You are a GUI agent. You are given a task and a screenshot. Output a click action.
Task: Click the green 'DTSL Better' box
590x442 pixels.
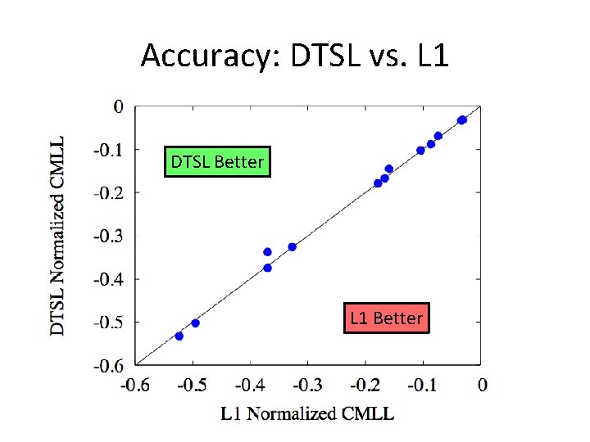point(217,162)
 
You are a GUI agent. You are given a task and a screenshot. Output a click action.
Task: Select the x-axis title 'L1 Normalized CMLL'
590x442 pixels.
point(307,413)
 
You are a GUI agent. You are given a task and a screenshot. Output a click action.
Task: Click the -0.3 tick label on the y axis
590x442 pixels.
point(107,236)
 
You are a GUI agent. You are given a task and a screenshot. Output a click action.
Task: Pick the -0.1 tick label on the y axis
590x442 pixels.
point(107,150)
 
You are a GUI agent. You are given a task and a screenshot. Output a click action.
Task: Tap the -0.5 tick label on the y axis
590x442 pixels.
point(107,322)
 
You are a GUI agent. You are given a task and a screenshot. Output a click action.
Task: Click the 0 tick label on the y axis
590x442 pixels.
point(119,106)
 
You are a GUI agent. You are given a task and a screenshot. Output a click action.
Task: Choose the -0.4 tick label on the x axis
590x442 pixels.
point(250,385)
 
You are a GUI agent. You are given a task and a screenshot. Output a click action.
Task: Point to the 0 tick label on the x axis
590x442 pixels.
point(482,385)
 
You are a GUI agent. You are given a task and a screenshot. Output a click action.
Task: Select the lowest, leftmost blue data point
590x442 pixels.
point(179,336)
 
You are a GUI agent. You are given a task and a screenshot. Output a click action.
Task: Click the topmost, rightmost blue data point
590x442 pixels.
point(462,120)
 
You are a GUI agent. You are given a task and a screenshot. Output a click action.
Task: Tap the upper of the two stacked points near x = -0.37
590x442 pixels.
point(267,252)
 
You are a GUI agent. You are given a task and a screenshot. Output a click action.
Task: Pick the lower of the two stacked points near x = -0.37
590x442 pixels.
point(267,268)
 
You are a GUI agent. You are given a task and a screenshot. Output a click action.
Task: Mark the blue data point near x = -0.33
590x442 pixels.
point(292,247)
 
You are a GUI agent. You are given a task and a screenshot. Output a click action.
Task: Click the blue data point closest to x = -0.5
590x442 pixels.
point(195,323)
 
